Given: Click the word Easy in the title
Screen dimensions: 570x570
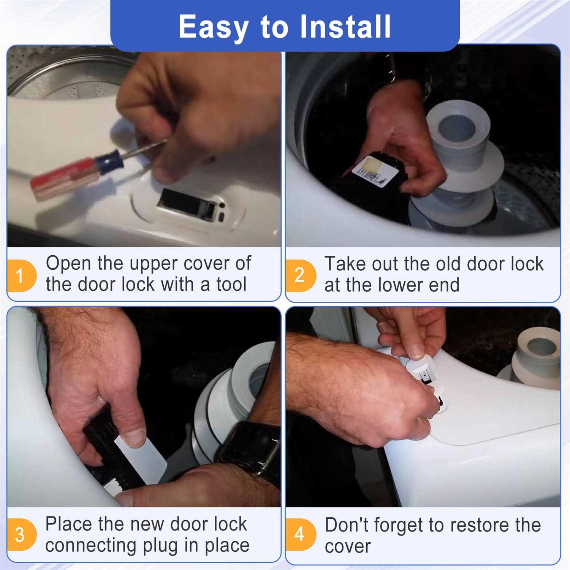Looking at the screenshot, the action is tap(214, 27).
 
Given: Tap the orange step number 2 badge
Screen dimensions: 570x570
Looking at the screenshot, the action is tap(301, 275).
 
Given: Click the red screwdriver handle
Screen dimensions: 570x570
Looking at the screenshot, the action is tap(63, 178).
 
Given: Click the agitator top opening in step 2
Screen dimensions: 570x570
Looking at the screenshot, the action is tap(456, 129).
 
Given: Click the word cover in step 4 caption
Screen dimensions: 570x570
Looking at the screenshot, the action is tap(348, 546).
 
